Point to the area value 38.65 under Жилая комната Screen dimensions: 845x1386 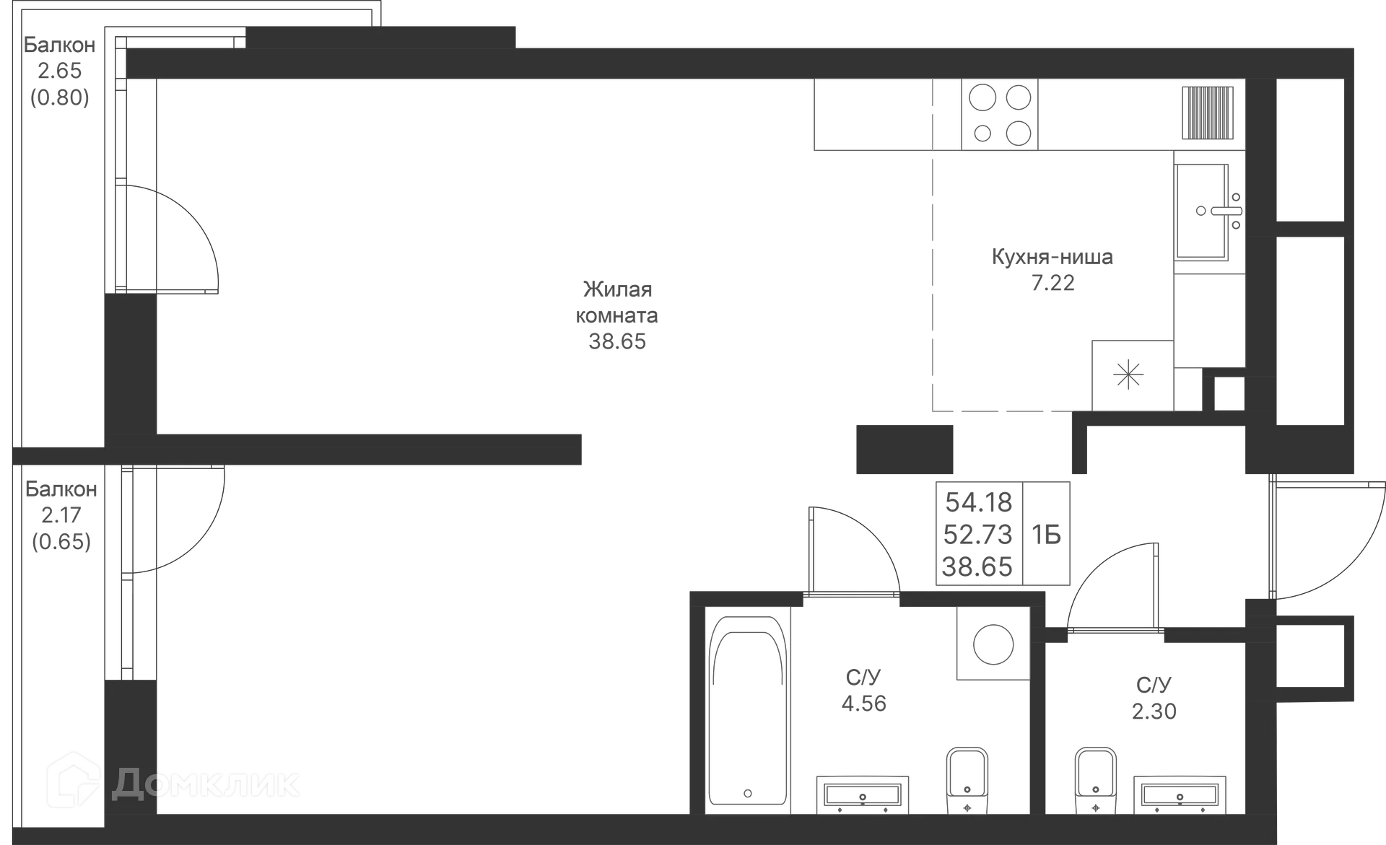618,341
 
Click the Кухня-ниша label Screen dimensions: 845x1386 1051,257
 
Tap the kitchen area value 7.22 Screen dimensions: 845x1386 1052,283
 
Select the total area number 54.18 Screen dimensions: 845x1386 980,501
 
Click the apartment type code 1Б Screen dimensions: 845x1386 1047,535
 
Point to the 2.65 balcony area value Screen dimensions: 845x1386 61,71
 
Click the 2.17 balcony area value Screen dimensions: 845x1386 61,515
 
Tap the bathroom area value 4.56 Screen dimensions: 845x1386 864,703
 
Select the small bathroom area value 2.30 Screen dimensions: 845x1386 1154,711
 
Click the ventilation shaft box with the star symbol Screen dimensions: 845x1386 1129,374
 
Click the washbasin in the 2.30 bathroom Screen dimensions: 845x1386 1180,794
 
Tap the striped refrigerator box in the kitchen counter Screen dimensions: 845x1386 1208,112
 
